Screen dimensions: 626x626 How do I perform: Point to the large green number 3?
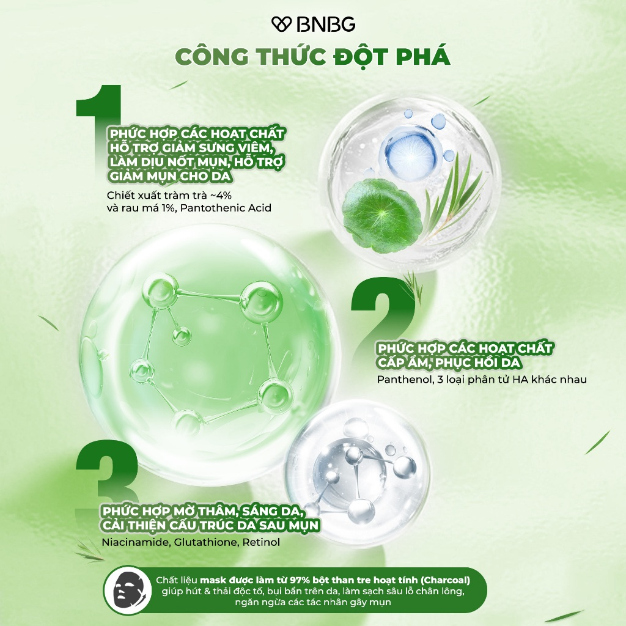pos(107,475)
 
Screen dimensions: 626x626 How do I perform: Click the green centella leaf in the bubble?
pos(381,216)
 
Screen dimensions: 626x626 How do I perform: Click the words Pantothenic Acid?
pos(226,208)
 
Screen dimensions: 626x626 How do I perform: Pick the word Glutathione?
pos(206,542)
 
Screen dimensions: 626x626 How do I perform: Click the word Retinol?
pos(261,542)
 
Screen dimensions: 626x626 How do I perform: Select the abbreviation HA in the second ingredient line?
pos(520,379)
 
